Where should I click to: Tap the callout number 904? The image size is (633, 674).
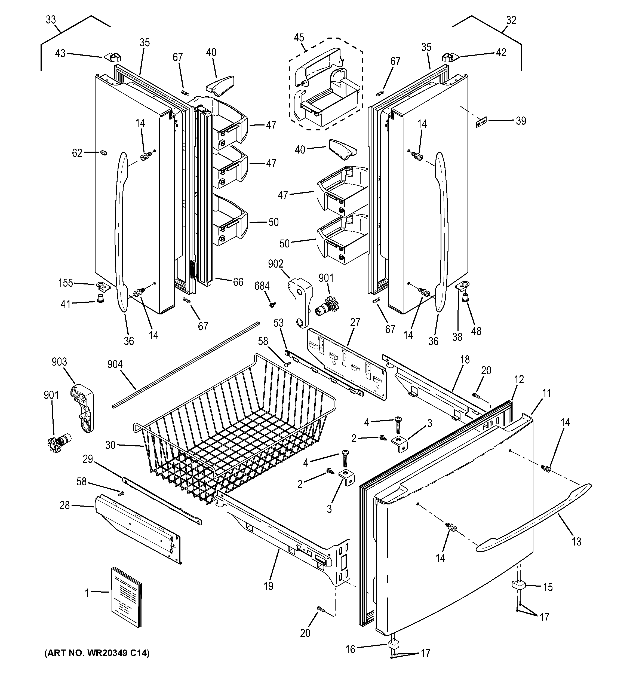pyautogui.click(x=115, y=364)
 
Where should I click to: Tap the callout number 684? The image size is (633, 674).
pyautogui.click(x=262, y=286)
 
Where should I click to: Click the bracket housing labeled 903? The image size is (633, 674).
pyautogui.click(x=82, y=408)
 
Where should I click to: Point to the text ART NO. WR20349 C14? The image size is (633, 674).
pyautogui.click(x=97, y=653)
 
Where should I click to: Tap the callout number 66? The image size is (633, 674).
pyautogui.click(x=238, y=282)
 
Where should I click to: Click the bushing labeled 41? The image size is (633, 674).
pyautogui.click(x=100, y=298)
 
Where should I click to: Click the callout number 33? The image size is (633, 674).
pyautogui.click(x=51, y=20)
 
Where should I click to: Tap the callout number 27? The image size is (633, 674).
pyautogui.click(x=355, y=322)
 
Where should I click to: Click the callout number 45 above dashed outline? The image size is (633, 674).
pyautogui.click(x=299, y=38)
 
